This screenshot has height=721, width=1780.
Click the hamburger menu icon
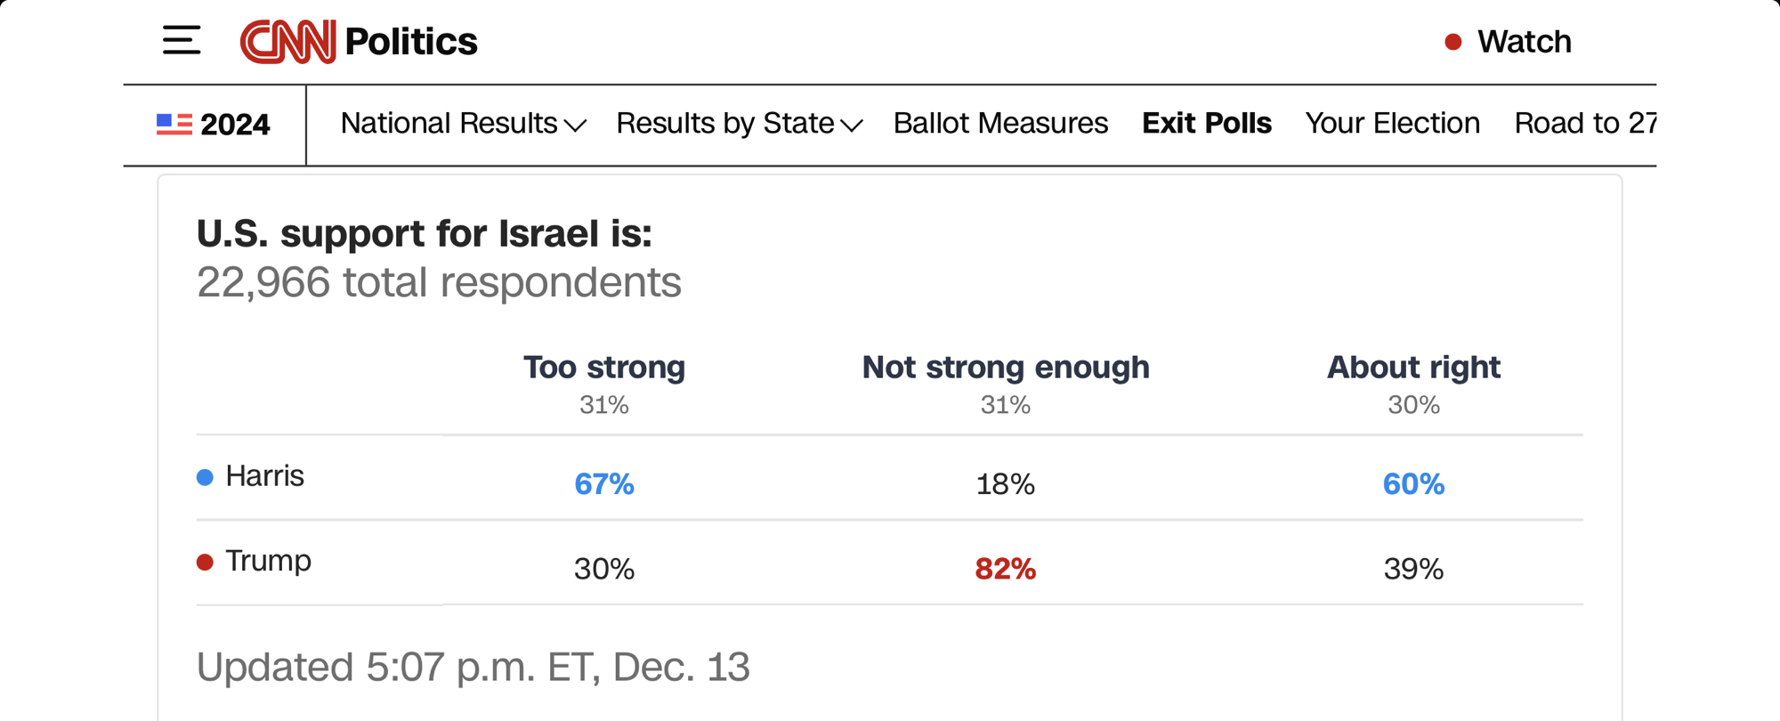[x=182, y=41]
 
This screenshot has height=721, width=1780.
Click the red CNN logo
[x=287, y=41]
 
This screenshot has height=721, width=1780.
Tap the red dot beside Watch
[x=1452, y=42]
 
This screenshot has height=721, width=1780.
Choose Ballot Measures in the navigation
[x=1000, y=124]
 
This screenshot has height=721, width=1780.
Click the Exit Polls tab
[x=1206, y=124]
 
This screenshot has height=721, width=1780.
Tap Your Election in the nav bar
[x=1392, y=124]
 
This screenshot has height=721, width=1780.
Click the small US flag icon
[x=174, y=124]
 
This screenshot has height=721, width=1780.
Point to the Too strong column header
[x=604, y=367]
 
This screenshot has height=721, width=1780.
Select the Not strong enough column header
[x=1006, y=367]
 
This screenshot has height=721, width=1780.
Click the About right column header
[x=1413, y=367]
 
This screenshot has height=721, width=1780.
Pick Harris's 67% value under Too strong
[x=604, y=484]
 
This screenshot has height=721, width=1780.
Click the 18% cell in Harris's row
[x=1006, y=484]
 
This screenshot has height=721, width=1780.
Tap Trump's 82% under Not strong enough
[x=1006, y=569]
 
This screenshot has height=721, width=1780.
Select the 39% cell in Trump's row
[x=1413, y=569]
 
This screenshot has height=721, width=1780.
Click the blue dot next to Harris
[x=205, y=478]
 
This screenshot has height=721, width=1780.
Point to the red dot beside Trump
[x=205, y=563]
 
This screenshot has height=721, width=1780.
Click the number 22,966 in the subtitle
[x=263, y=283]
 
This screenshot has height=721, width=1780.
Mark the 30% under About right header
[x=1413, y=405]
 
